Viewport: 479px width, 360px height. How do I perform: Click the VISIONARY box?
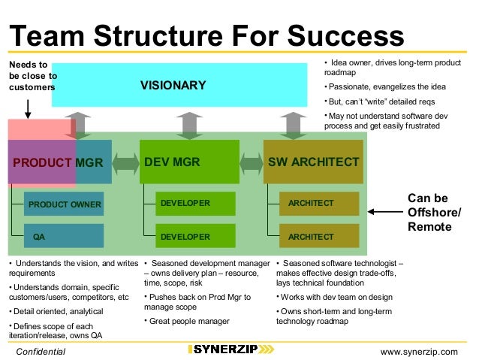(x=173, y=85)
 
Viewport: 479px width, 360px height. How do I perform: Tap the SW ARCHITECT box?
(x=313, y=161)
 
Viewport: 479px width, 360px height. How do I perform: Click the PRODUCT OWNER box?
(x=64, y=204)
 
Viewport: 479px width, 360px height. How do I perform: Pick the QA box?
(x=64, y=236)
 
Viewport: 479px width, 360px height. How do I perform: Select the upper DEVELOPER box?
(x=195, y=203)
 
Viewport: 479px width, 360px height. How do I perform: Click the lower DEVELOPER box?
(x=195, y=236)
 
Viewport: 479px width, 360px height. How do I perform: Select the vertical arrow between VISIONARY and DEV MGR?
(x=191, y=125)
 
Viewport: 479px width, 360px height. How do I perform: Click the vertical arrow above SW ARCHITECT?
(x=291, y=125)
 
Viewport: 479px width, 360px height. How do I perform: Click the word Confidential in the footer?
(x=41, y=351)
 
